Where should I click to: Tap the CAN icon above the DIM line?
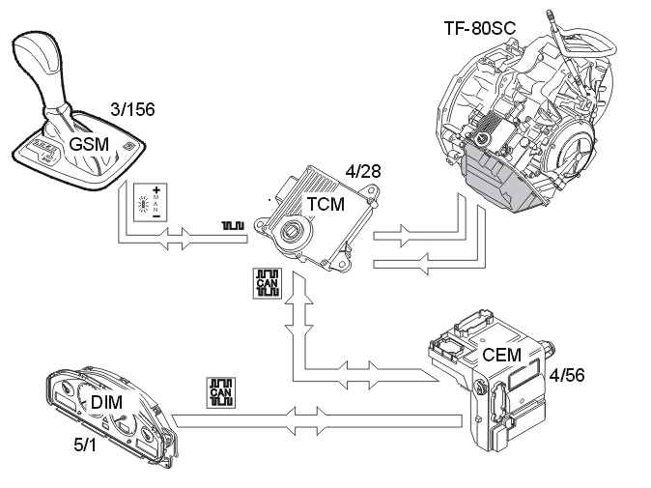coord(220,391)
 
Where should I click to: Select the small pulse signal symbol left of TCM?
coord(232,226)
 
